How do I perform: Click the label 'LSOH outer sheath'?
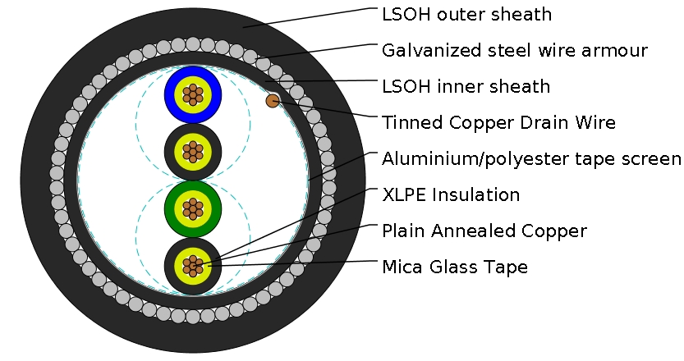(x=466, y=14)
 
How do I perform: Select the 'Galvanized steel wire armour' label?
(x=515, y=50)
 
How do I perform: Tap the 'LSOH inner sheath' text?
(x=466, y=86)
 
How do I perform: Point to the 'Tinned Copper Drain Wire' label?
(x=498, y=122)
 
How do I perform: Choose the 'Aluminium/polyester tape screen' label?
(x=531, y=158)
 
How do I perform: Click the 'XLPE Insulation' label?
(x=451, y=194)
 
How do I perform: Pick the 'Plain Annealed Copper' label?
(x=484, y=231)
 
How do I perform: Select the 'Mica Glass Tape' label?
(x=455, y=267)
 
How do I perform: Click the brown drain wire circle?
(x=273, y=101)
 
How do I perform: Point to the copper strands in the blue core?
(x=192, y=94)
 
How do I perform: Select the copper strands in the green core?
(x=192, y=209)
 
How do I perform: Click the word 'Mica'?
(x=403, y=267)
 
